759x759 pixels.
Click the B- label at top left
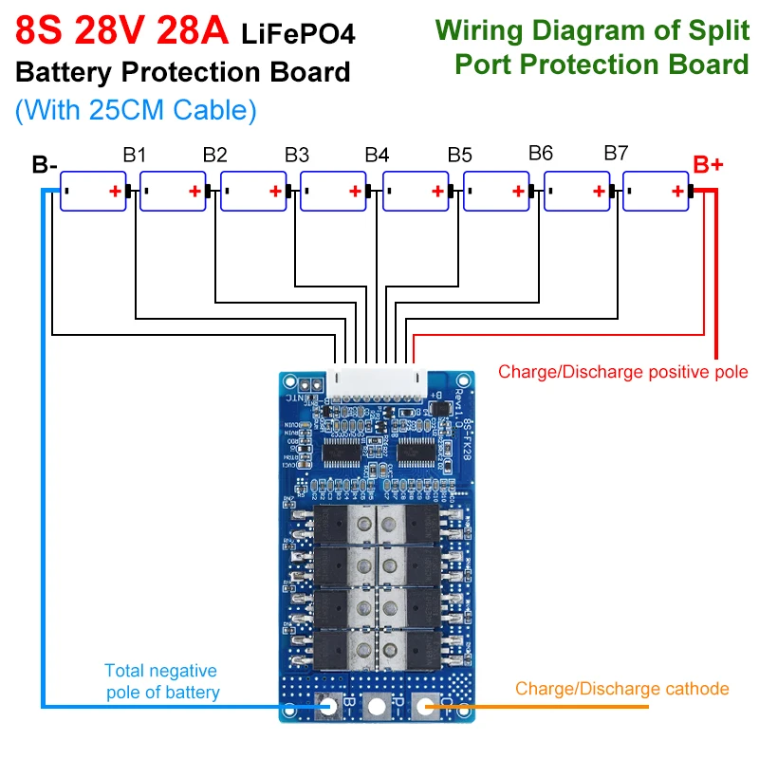click(x=45, y=165)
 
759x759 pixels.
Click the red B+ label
click(x=708, y=165)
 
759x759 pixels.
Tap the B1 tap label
click(x=134, y=154)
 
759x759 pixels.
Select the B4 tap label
click(x=377, y=154)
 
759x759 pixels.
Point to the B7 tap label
click(x=616, y=153)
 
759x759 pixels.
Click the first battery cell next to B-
click(x=93, y=191)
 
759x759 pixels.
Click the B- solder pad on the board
click(x=329, y=706)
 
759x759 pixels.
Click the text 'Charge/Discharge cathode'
click(x=621, y=689)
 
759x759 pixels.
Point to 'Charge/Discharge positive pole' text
click(x=622, y=371)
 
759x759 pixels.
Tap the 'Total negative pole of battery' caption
click(x=160, y=681)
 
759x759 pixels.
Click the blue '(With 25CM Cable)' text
click(x=136, y=110)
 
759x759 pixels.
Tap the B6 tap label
click(x=540, y=153)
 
